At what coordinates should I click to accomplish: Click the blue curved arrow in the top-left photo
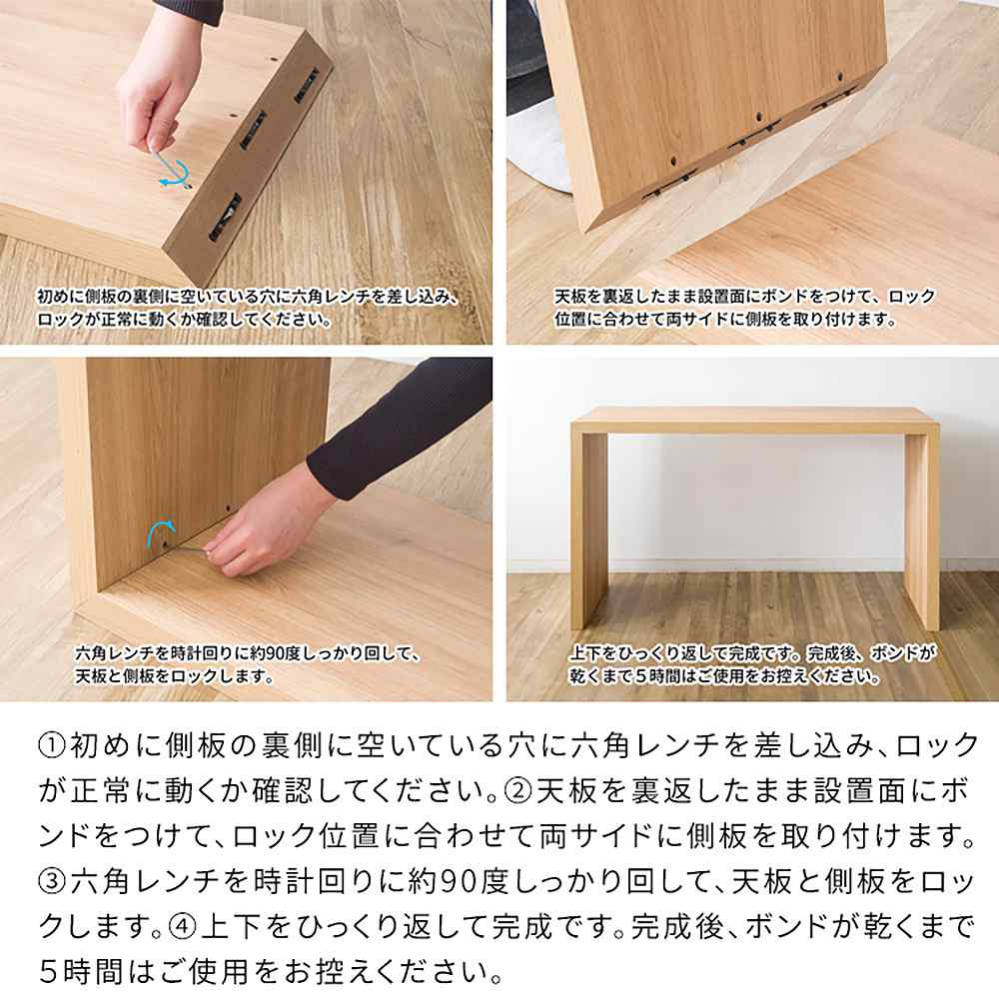tap(175, 172)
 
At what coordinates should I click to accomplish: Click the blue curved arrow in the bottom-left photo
tap(161, 531)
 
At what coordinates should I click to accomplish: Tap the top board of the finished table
tap(755, 417)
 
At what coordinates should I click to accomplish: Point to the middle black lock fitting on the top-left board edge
tap(253, 129)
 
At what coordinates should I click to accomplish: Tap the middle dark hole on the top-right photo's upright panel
tap(760, 118)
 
